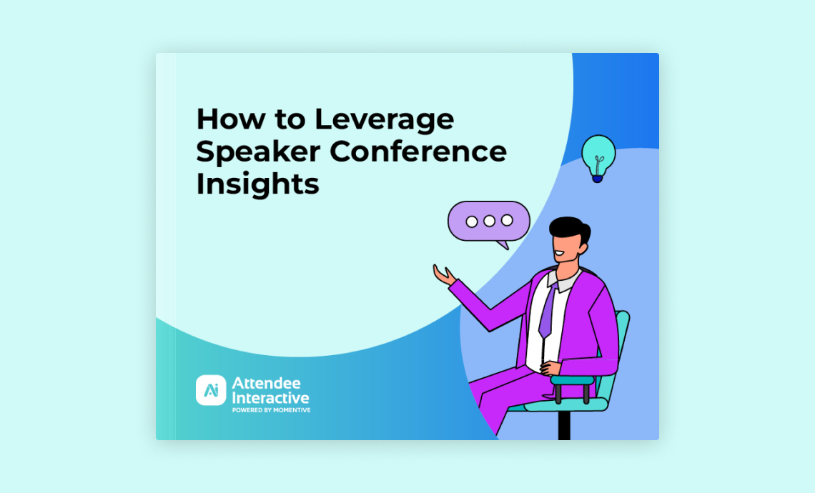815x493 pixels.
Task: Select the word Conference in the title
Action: pyautogui.click(x=418, y=151)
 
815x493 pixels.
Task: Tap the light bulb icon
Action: pyautogui.click(x=598, y=158)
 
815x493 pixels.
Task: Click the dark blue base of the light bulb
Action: pyautogui.click(x=598, y=178)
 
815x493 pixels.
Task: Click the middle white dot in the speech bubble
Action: pyautogui.click(x=489, y=221)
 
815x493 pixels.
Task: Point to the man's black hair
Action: pyautogui.click(x=570, y=230)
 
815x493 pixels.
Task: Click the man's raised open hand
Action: pyautogui.click(x=444, y=274)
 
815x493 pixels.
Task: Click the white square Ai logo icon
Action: pyautogui.click(x=211, y=390)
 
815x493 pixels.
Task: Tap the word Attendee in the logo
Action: pyautogui.click(x=266, y=384)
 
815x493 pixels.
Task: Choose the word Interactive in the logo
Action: pyautogui.click(x=270, y=398)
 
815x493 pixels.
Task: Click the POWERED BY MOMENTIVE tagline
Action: pyautogui.click(x=272, y=410)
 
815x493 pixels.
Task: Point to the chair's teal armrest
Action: pyautogui.click(x=572, y=380)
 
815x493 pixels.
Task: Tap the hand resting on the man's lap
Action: pyautogui.click(x=551, y=368)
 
